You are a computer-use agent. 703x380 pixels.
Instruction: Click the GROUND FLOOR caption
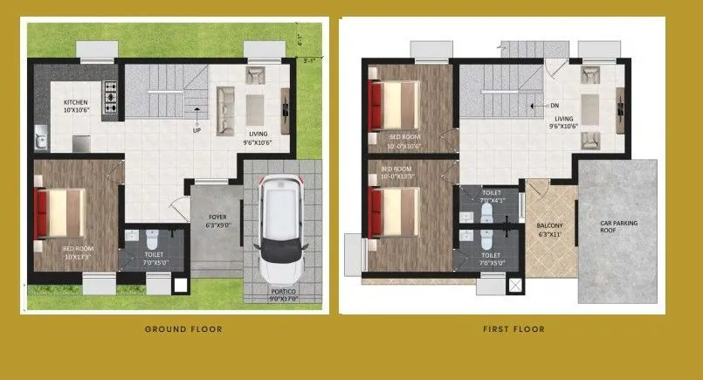point(183,329)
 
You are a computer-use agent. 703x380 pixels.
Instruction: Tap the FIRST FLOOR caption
point(513,329)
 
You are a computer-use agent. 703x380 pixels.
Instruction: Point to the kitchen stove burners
point(111,98)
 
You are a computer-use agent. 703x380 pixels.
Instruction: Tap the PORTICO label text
point(281,292)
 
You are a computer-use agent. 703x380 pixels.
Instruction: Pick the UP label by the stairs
point(196,131)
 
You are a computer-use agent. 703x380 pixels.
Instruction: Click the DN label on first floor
point(554,106)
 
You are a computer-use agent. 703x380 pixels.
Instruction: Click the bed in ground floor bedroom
point(61,213)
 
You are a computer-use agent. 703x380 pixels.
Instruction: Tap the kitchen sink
point(40,138)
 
